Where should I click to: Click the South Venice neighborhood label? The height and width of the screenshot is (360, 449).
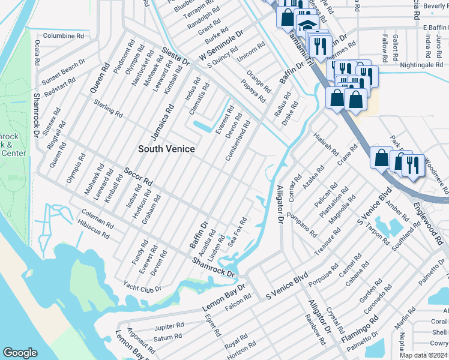click(166, 148)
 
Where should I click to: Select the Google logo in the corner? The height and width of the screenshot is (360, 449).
click(20, 353)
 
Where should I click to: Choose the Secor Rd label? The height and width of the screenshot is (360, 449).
click(138, 175)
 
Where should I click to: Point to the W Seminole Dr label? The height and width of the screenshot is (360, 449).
click(220, 46)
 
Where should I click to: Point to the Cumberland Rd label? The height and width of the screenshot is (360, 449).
click(238, 140)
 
